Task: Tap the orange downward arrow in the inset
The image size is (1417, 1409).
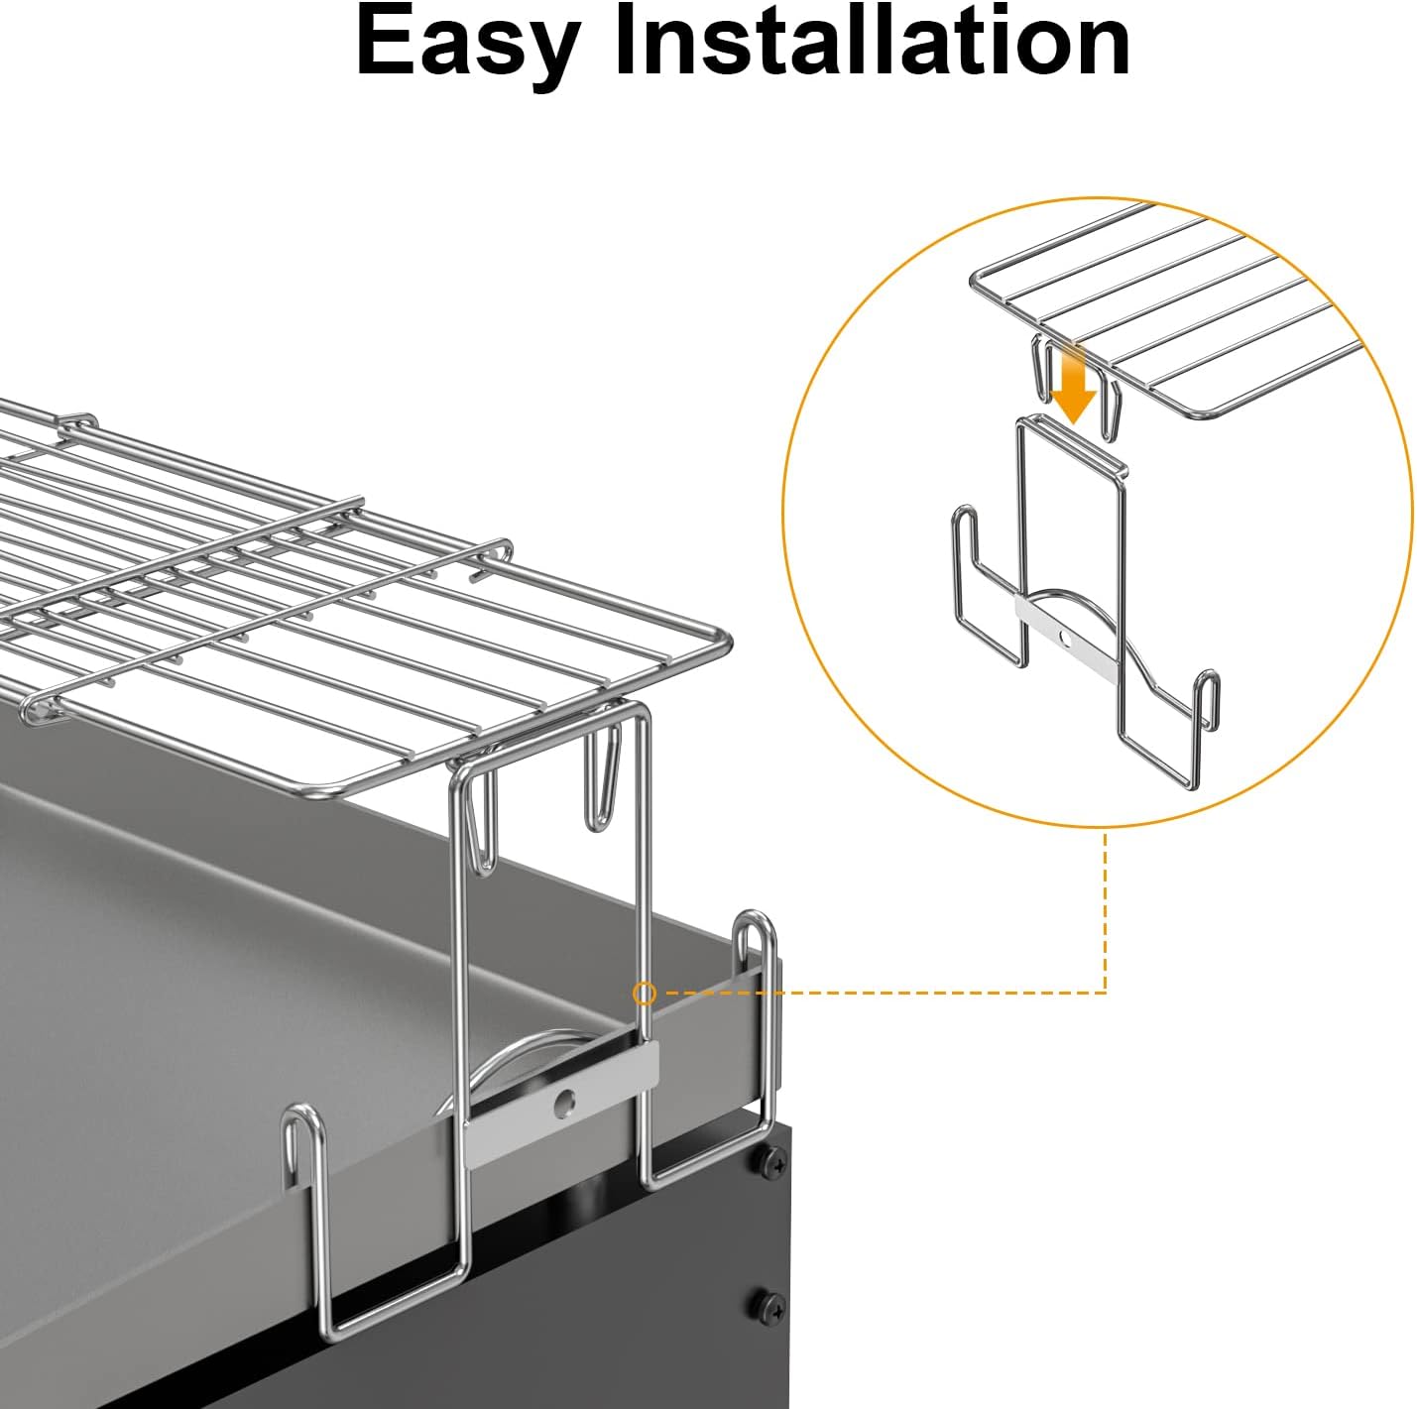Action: (1074, 383)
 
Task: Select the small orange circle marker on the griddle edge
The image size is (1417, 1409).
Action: (645, 995)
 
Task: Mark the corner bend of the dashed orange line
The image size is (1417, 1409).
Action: (1106, 994)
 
